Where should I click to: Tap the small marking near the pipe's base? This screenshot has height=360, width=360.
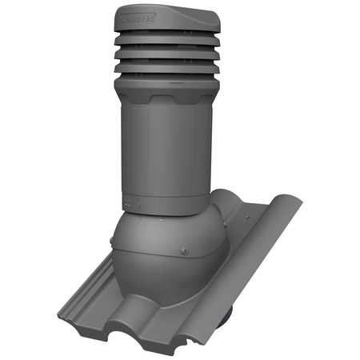coord(126,197)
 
